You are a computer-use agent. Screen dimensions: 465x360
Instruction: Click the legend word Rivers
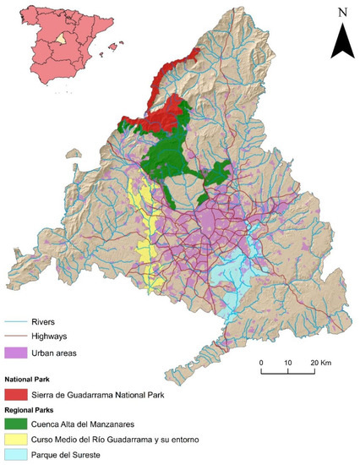[x=45, y=321]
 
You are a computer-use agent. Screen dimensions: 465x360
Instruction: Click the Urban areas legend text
[x=57, y=352]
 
